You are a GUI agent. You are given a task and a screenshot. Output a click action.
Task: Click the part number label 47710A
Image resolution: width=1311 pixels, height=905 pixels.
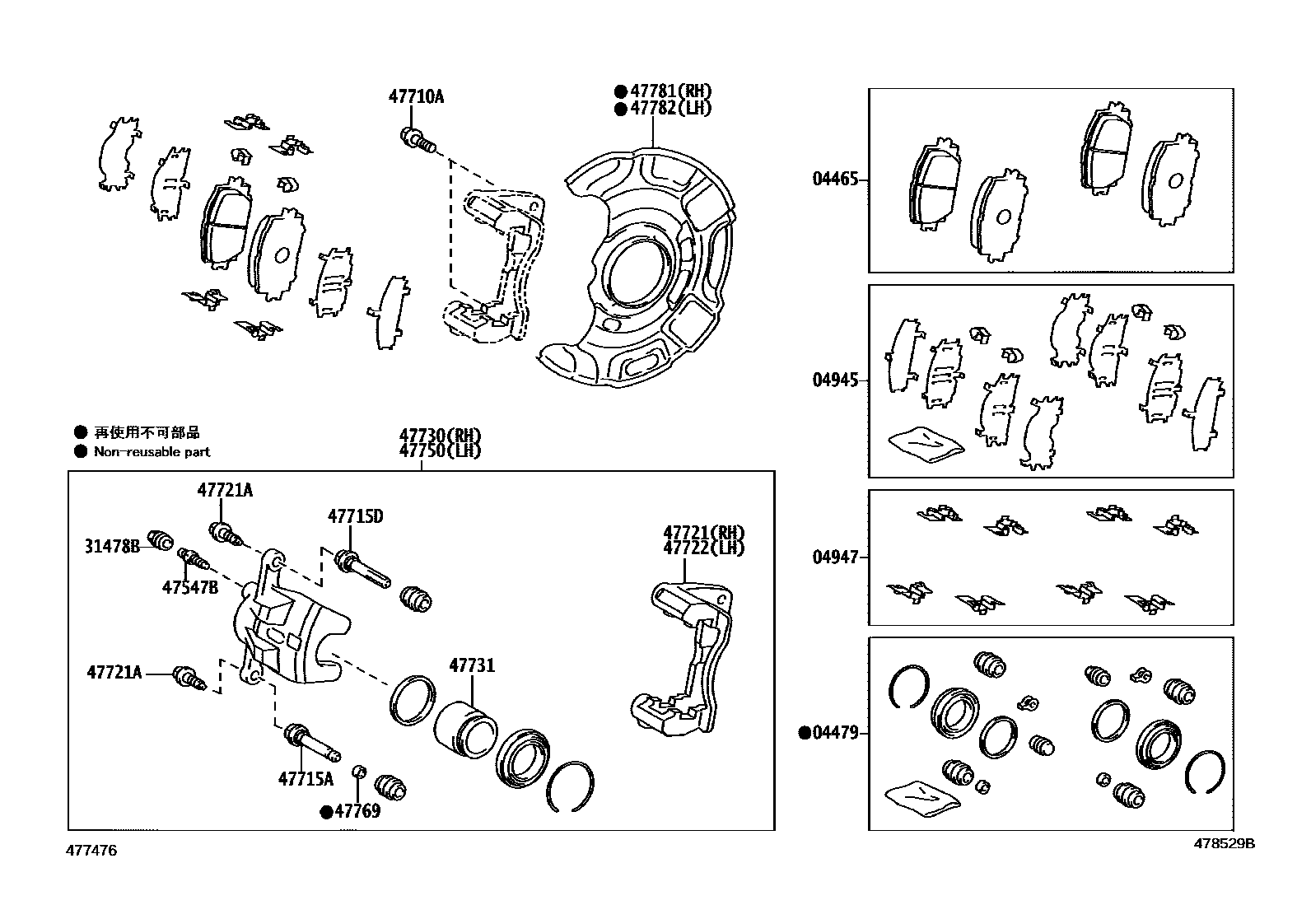coord(416,97)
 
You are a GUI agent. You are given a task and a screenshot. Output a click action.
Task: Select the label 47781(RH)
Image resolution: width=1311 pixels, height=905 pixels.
coord(671,92)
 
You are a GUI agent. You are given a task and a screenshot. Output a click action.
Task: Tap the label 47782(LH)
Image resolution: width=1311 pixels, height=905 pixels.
coord(671,109)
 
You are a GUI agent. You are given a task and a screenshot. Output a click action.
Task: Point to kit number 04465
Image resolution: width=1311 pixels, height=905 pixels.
coord(835,180)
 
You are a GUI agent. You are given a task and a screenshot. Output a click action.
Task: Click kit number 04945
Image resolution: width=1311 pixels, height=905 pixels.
coord(835,380)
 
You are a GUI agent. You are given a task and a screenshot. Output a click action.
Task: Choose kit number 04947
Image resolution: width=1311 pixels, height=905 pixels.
coord(835,557)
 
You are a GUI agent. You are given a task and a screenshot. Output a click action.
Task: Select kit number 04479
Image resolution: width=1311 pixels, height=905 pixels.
coord(835,733)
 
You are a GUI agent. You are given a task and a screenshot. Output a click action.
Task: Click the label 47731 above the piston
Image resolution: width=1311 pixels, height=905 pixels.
coord(472,665)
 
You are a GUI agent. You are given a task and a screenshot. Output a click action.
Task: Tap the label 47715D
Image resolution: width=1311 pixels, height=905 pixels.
coord(356,517)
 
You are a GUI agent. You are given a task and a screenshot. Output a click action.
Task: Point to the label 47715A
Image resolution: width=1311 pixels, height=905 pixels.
coord(306,778)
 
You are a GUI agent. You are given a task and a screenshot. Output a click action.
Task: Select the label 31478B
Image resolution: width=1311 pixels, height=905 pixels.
coord(112,545)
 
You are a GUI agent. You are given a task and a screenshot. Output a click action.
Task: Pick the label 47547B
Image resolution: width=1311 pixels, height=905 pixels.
coord(190,587)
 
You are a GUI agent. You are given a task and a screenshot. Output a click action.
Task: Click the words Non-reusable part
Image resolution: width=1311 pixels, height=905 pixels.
coord(152,452)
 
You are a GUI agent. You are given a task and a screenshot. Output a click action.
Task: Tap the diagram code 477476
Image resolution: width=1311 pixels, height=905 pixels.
coord(91,851)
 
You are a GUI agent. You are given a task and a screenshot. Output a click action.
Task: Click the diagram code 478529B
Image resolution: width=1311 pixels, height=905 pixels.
coord(1225,843)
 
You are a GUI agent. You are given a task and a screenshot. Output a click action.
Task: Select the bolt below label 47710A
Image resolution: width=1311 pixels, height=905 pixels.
coord(418,139)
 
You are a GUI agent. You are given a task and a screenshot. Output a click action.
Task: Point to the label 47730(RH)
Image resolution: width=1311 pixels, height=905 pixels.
coord(441,436)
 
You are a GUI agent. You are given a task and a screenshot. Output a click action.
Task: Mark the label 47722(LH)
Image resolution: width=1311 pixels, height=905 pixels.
coord(704,548)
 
